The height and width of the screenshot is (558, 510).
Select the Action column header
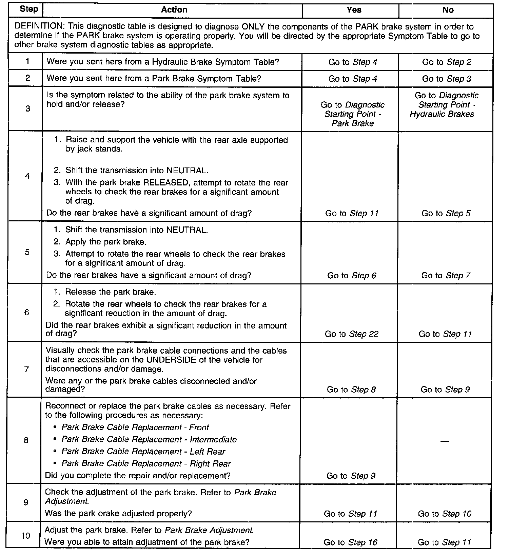pos(174,10)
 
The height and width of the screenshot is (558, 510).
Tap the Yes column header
pos(354,10)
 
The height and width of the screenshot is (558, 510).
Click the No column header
pos(448,10)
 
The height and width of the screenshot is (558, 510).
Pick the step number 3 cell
pos(27,108)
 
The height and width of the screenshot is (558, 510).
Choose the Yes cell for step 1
pos(353,62)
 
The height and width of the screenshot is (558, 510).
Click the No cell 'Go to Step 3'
pos(447,79)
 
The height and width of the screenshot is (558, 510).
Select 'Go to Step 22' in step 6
pos(351,334)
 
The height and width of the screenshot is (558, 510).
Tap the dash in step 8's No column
pos(444,441)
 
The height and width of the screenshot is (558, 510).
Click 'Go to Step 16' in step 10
pos(350,542)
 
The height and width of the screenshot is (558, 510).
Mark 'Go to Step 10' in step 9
pos(445,514)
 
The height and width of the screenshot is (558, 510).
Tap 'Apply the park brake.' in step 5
pos(106,242)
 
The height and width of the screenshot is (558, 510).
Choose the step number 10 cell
pos(26,536)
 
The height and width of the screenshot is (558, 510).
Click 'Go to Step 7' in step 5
pos(446,276)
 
